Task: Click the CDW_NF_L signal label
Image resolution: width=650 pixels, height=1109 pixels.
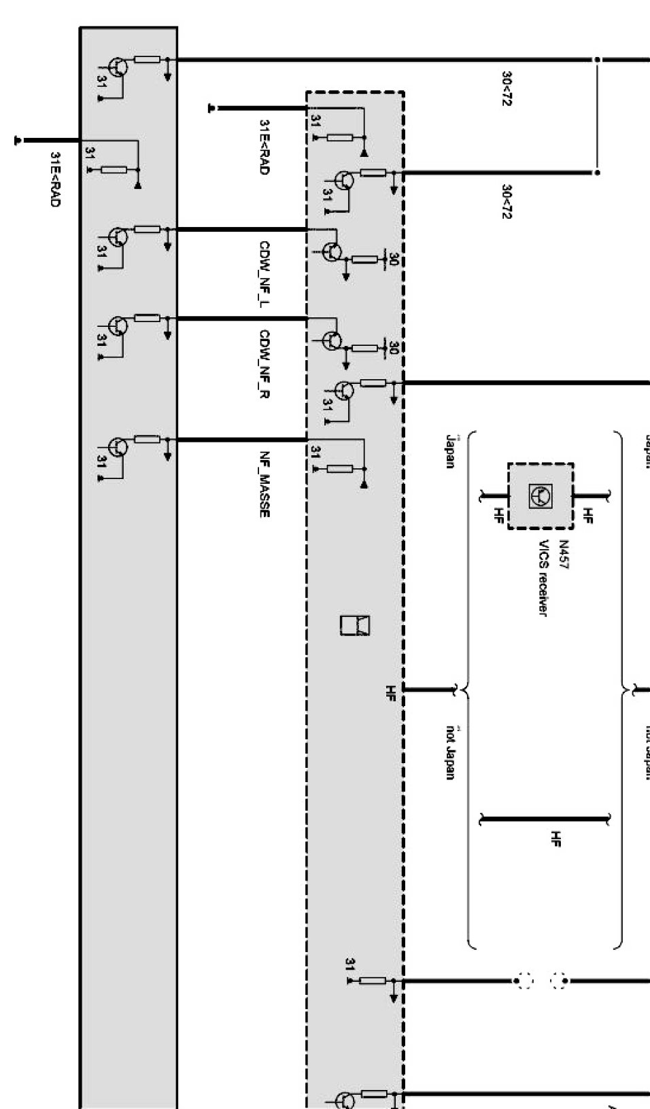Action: tap(264, 275)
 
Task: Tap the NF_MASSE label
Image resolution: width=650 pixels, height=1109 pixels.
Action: tap(264, 485)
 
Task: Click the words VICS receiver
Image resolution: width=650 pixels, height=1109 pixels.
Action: tap(543, 578)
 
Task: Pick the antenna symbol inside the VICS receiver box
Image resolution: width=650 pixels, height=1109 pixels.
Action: tap(541, 496)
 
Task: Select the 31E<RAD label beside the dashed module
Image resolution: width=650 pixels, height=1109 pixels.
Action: tap(264, 147)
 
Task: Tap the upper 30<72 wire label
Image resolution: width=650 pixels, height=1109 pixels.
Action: tap(507, 88)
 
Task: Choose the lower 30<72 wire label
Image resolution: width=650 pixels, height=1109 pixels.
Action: tap(507, 201)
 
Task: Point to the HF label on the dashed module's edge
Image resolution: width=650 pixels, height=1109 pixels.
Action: tap(390, 692)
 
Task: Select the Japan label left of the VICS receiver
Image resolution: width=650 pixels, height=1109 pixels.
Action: tap(449, 452)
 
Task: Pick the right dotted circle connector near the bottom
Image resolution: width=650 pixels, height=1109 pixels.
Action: tap(560, 981)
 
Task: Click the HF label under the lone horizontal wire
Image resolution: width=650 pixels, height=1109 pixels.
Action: tap(556, 839)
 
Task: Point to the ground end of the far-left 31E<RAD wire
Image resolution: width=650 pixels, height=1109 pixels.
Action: tap(18, 141)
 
